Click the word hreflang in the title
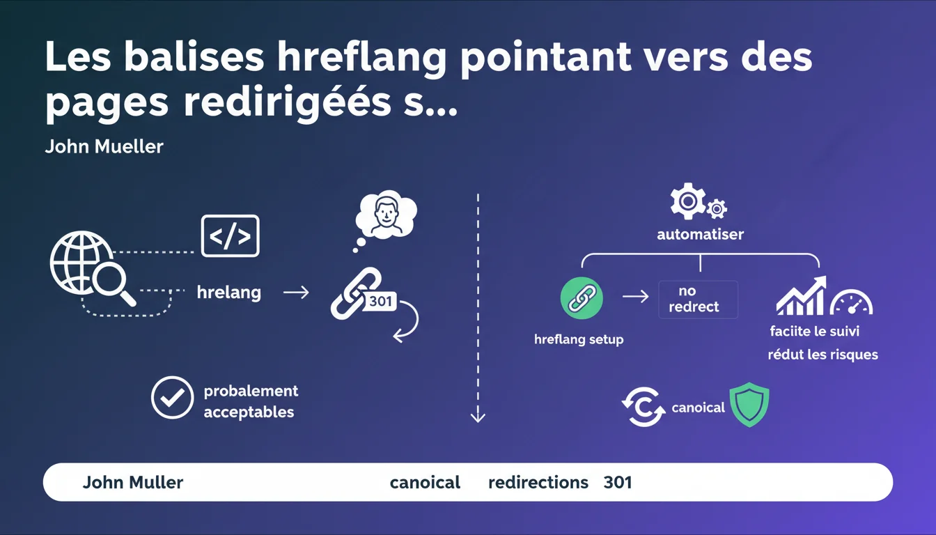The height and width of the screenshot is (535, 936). [x=362, y=58]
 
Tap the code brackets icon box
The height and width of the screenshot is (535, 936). [x=231, y=235]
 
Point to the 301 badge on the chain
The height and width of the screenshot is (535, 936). [x=380, y=301]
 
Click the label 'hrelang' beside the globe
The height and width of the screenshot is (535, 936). [x=229, y=293]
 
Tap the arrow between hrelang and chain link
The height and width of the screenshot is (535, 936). [x=296, y=292]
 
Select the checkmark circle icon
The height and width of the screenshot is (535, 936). [x=172, y=398]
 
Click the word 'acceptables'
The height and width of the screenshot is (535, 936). [x=249, y=412]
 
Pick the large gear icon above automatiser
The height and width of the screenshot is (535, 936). [x=688, y=201]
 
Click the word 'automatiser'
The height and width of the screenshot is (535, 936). [x=701, y=234]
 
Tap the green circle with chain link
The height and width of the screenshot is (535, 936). [x=582, y=298]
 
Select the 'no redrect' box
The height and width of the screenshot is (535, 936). [x=699, y=300]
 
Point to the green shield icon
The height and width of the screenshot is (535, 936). [x=749, y=405]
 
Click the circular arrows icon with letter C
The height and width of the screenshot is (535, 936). [x=643, y=407]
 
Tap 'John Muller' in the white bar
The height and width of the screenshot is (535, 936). [x=133, y=482]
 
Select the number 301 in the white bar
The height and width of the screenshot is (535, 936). [x=618, y=482]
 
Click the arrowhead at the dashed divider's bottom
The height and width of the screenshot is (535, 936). [x=478, y=417]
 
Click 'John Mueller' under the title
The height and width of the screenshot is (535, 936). [x=104, y=146]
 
